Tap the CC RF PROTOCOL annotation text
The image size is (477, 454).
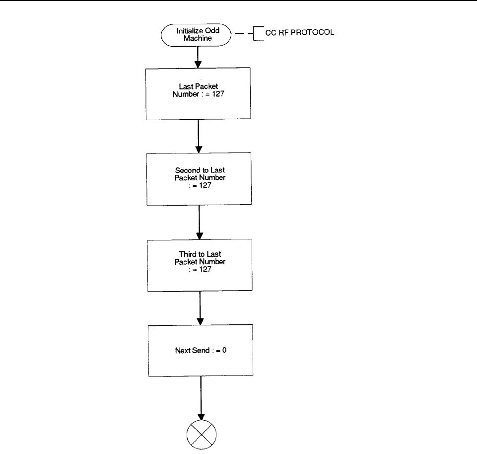pyautogui.click(x=300, y=33)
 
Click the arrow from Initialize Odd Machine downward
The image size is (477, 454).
pyautogui.click(x=198, y=57)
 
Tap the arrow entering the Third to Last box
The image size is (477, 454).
pyautogui.click(x=200, y=223)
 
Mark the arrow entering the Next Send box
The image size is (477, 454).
pyautogui.click(x=200, y=308)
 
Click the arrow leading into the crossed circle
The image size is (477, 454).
pyautogui.click(x=201, y=398)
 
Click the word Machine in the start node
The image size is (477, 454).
pyautogui.click(x=198, y=38)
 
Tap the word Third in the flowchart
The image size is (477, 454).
pyautogui.click(x=188, y=254)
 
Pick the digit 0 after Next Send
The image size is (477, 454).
pyautogui.click(x=224, y=350)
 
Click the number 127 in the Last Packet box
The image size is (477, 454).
pyautogui.click(x=218, y=94)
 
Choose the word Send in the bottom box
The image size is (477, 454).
pyautogui.click(x=201, y=351)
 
